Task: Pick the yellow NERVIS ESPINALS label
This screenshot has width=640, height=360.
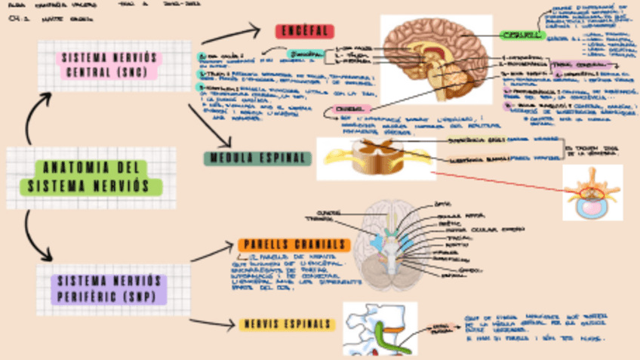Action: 287,325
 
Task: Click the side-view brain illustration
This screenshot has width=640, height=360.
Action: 435,60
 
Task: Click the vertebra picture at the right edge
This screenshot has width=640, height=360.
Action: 592,192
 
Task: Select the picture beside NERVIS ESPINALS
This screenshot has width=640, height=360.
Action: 380,328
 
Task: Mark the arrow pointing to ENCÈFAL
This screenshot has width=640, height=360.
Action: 234,33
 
